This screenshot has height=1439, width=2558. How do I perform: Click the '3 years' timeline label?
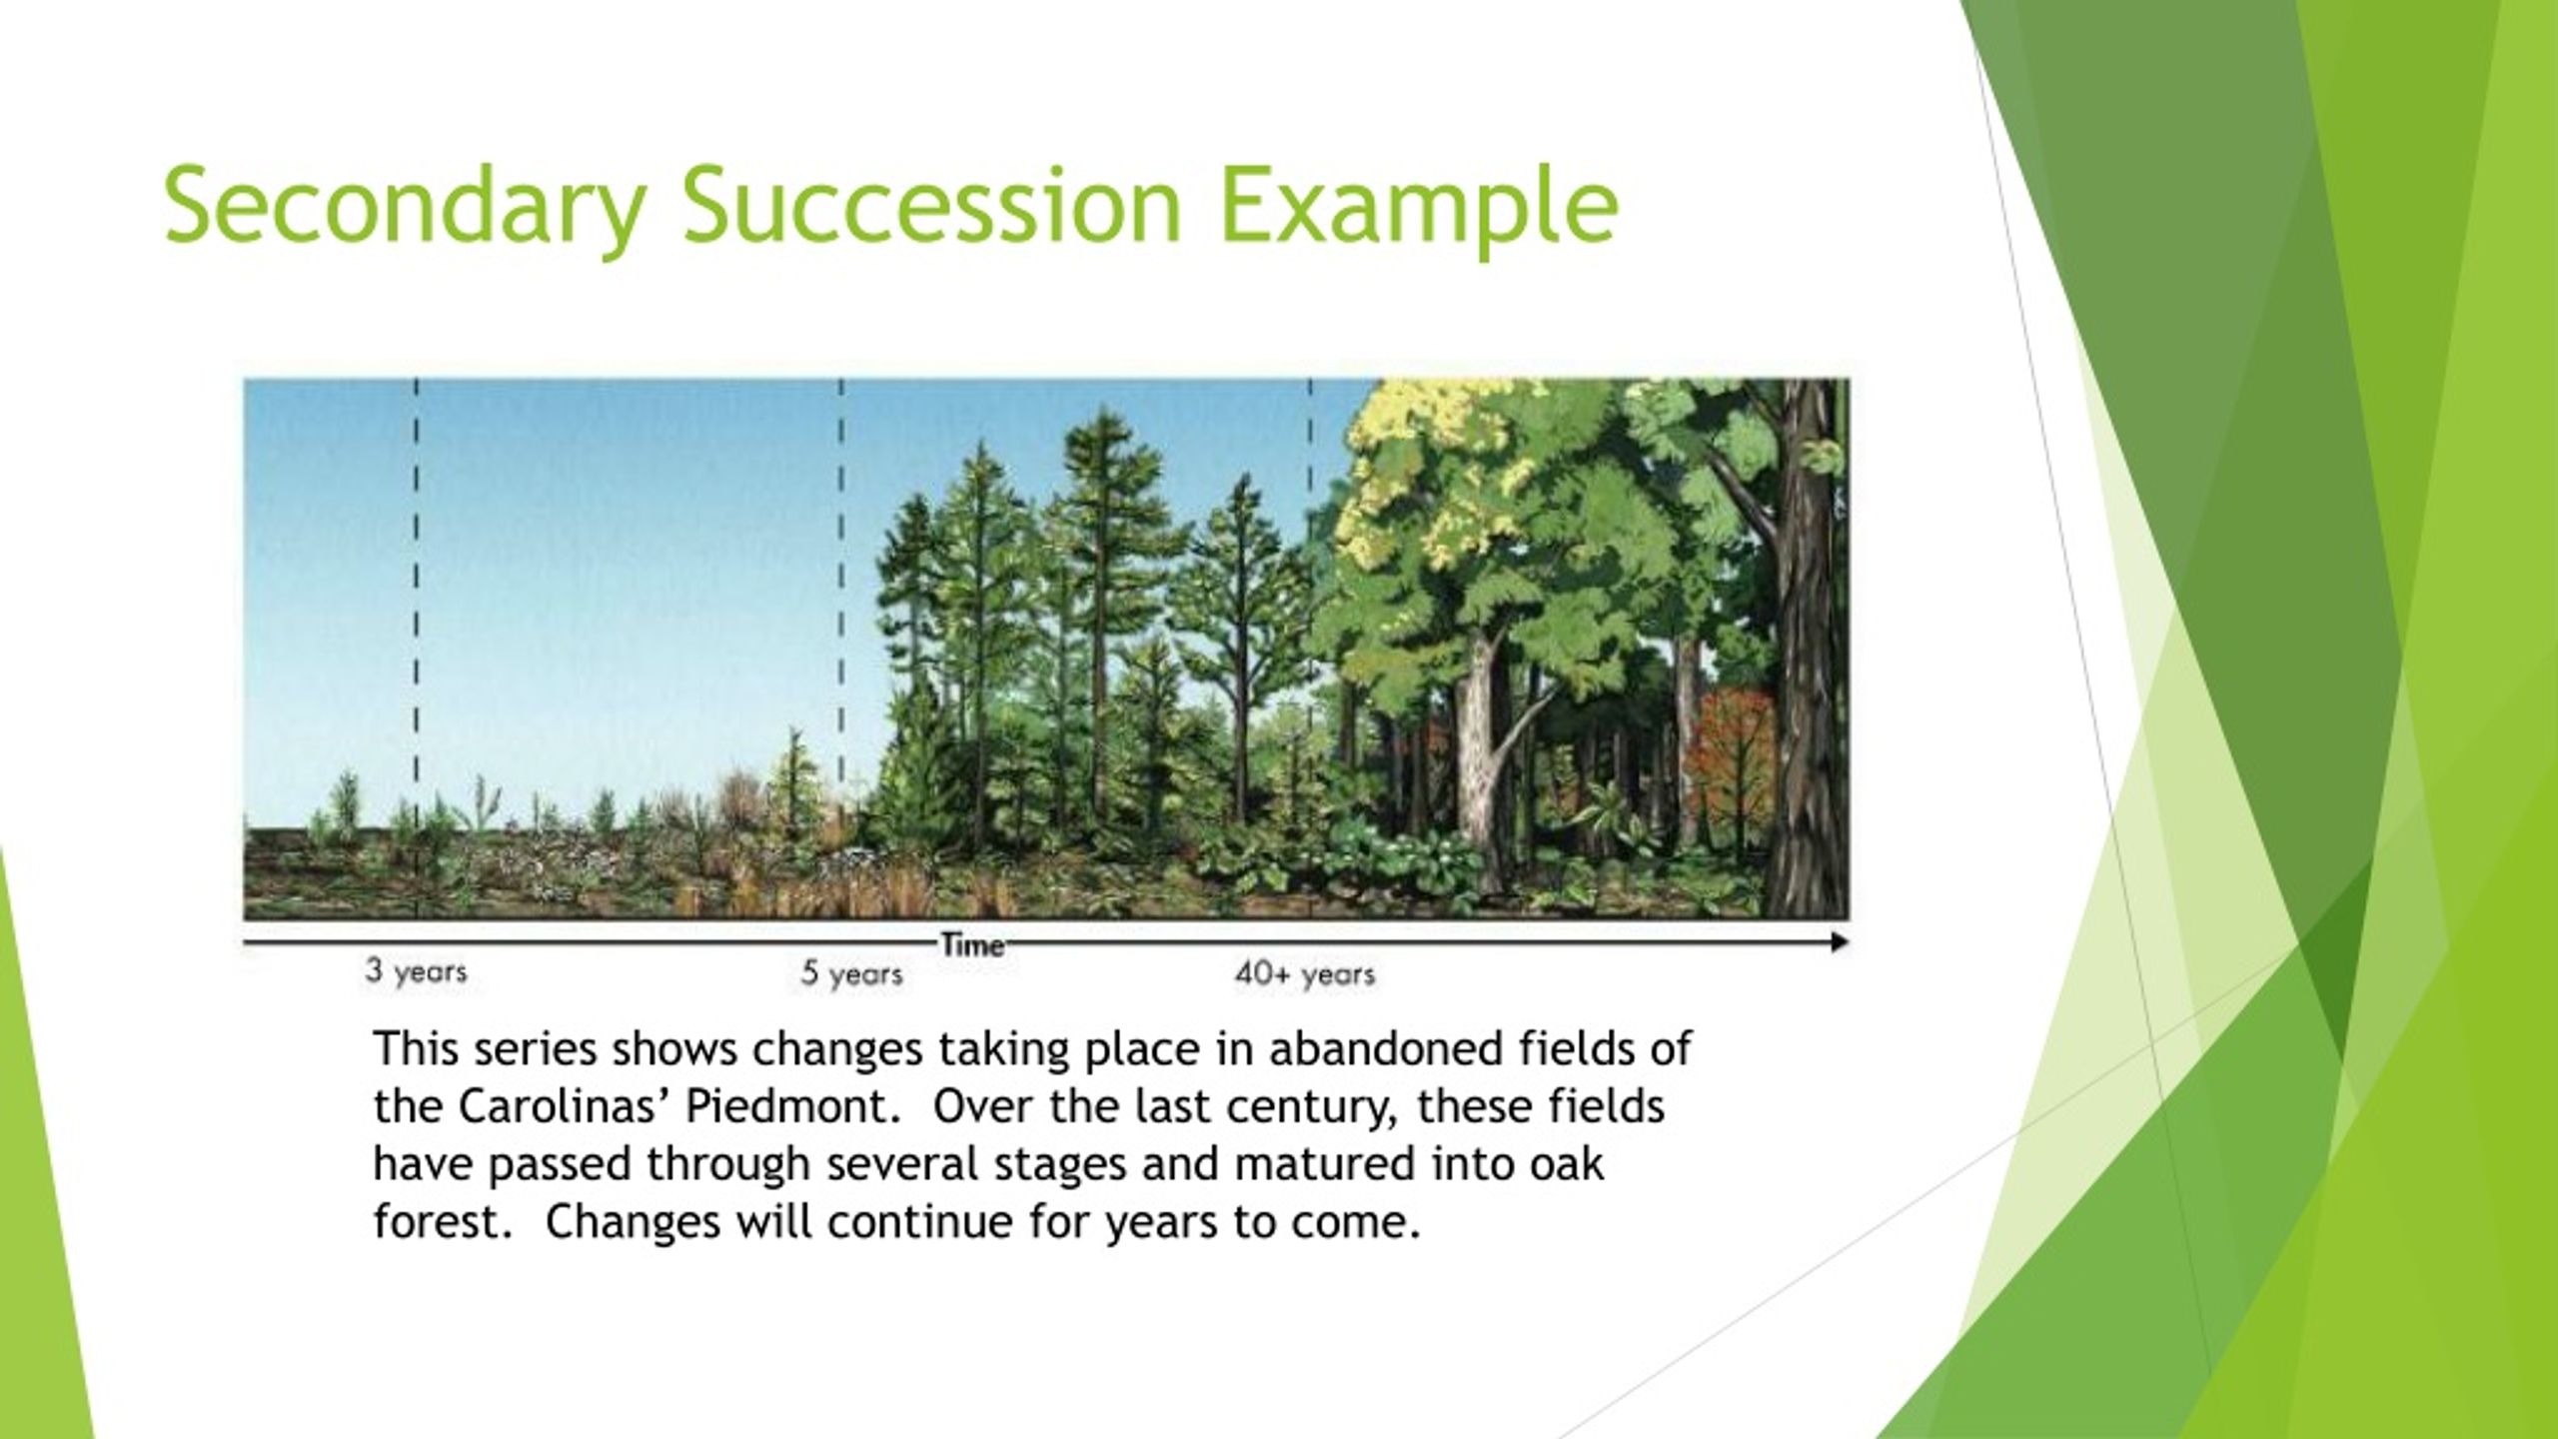click(x=416, y=971)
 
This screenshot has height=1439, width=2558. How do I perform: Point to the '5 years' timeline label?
click(x=852, y=973)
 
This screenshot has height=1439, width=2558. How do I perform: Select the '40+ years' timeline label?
click(x=1305, y=973)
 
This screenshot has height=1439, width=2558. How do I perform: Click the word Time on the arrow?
click(x=971, y=945)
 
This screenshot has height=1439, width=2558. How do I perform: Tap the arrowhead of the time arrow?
click(x=1839, y=942)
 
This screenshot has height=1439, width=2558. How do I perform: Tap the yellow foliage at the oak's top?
click(x=1419, y=470)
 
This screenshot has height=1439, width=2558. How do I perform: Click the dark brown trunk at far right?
click(x=1809, y=650)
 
